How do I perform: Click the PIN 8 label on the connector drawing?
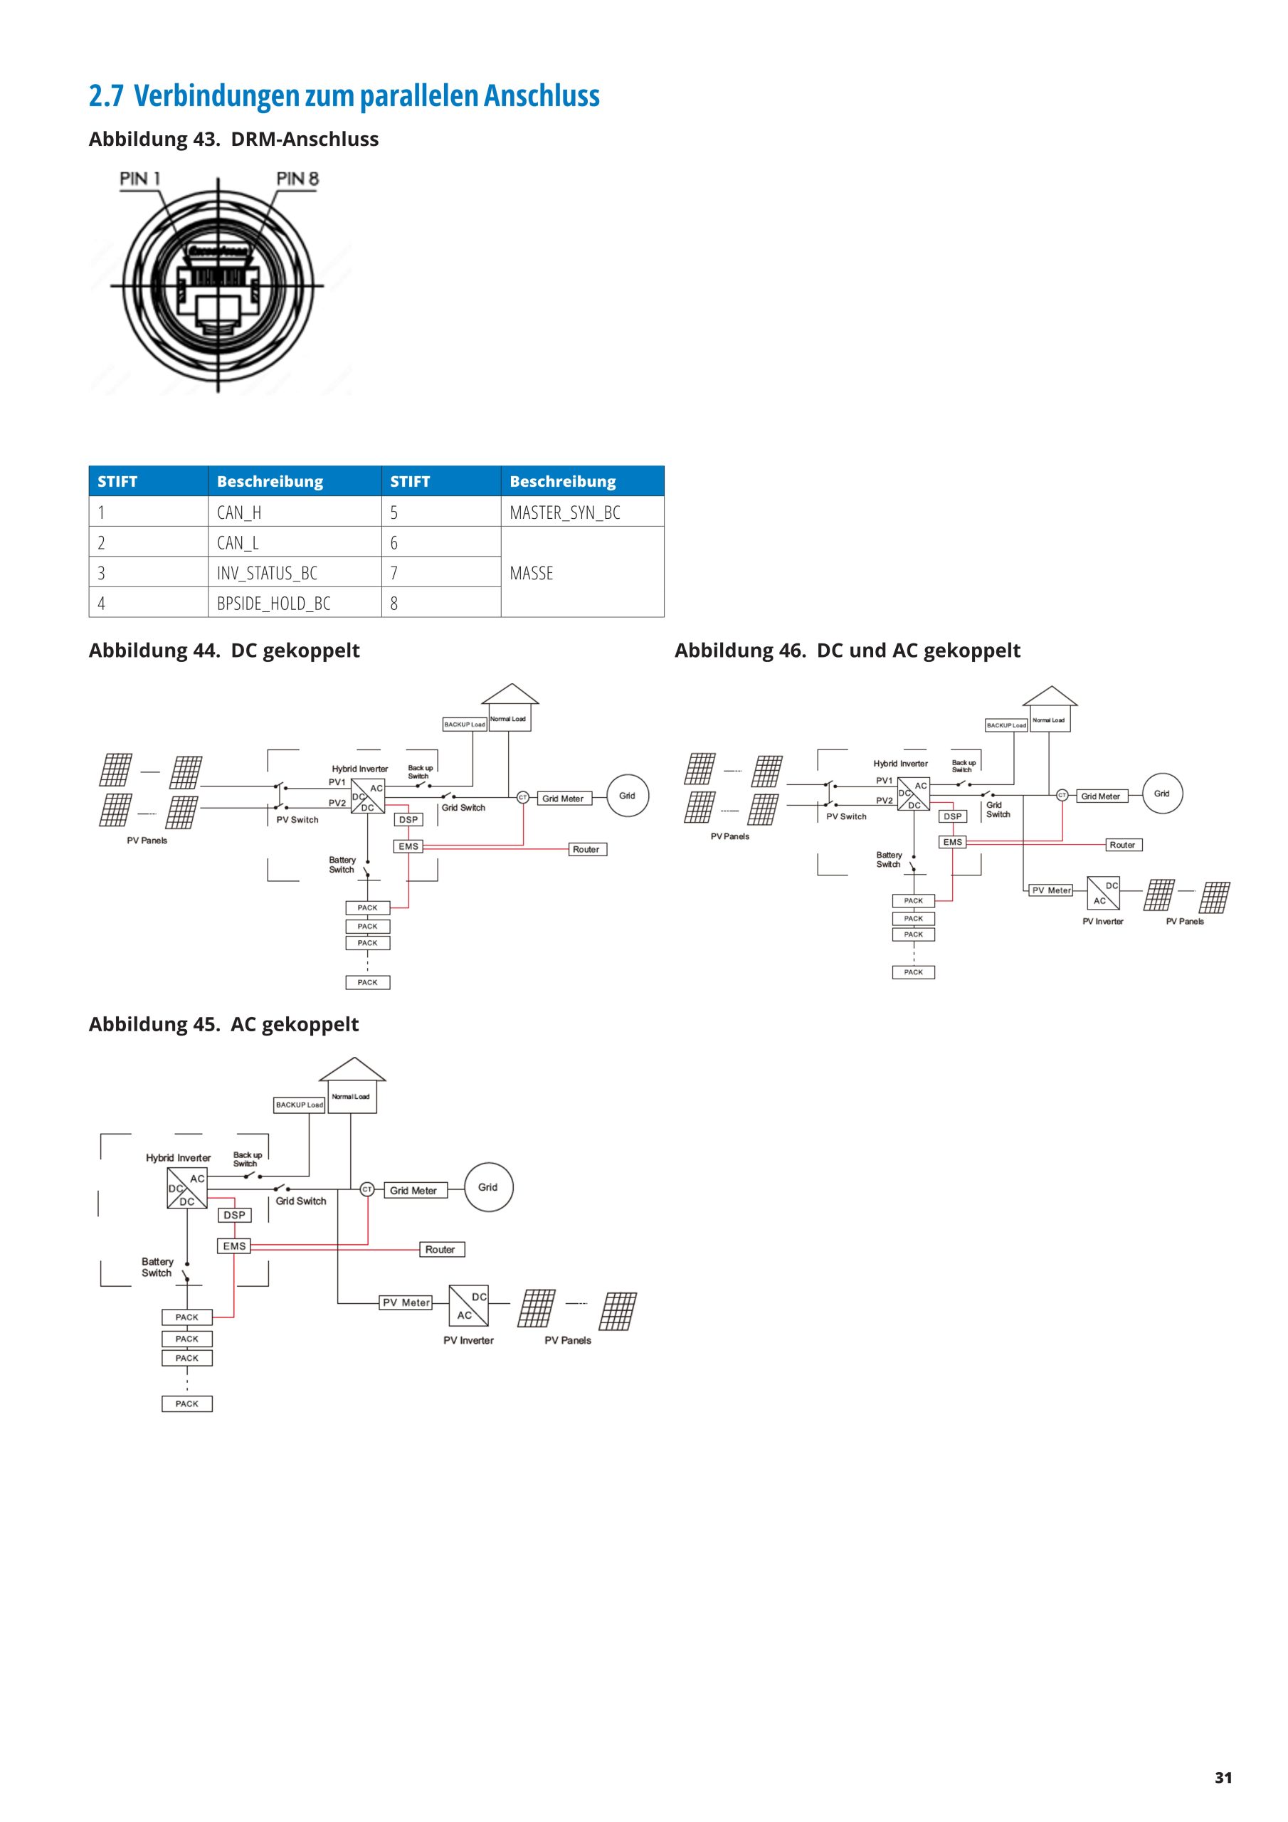[297, 179]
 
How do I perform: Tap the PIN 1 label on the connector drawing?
[139, 179]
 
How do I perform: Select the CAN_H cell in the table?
[239, 512]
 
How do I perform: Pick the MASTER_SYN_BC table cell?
[564, 512]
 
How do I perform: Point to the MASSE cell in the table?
[531, 573]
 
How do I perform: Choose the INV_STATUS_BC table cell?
[267, 573]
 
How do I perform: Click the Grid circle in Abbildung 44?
[627, 796]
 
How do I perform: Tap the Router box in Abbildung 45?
[441, 1249]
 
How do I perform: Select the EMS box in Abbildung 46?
[952, 843]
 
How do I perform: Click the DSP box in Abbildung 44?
[408, 820]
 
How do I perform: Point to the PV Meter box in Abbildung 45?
[406, 1302]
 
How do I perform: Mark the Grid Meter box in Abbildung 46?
[1100, 796]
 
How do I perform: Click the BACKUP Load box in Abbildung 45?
[299, 1105]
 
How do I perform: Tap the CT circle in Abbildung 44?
[523, 798]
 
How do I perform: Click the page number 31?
[1223, 1778]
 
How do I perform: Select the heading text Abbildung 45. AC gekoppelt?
[223, 1024]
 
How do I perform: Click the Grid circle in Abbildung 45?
[488, 1187]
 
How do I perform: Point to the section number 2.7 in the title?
[106, 96]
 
